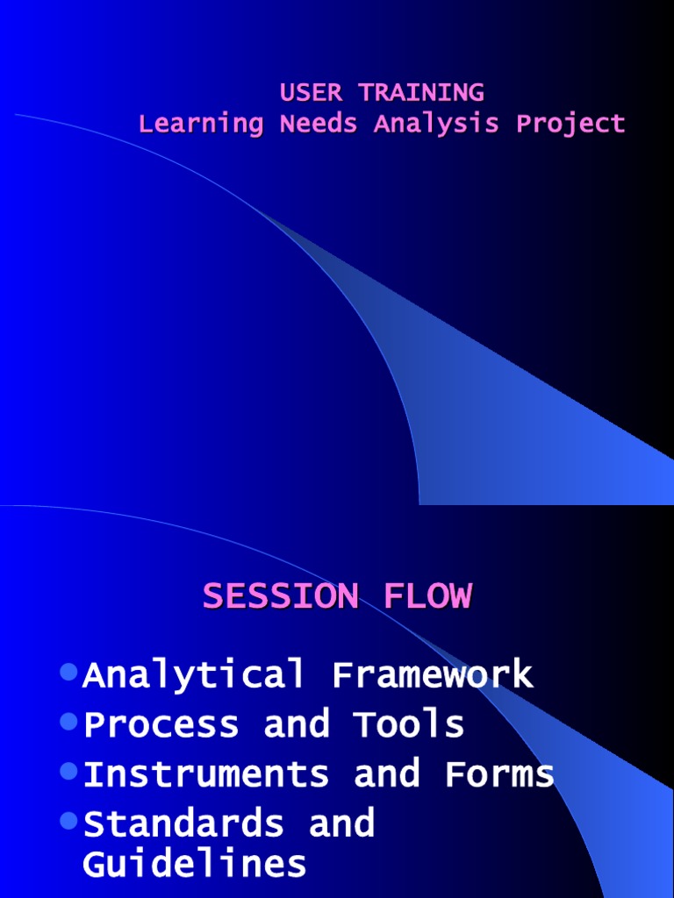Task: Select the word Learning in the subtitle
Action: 201,124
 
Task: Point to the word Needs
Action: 318,124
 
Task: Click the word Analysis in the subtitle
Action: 437,124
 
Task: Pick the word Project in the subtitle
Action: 570,124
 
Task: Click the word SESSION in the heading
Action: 280,596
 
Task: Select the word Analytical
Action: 194,675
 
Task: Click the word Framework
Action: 433,675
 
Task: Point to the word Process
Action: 161,725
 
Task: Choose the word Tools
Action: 409,725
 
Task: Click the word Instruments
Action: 206,774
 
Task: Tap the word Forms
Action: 499,774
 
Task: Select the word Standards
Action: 183,824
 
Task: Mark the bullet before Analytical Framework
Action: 69,673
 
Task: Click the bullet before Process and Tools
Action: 69,722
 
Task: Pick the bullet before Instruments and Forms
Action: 69,772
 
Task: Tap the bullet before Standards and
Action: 69,821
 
